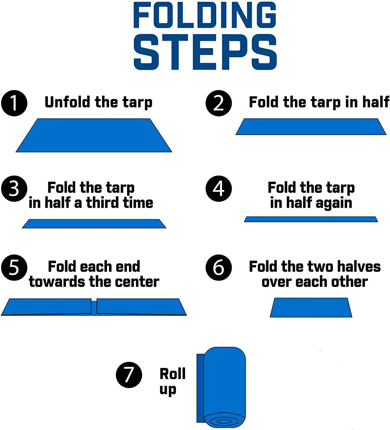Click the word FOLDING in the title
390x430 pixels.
pyautogui.click(x=205, y=15)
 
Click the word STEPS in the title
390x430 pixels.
pyautogui.click(x=205, y=52)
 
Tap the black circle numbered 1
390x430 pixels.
pyautogui.click(x=14, y=103)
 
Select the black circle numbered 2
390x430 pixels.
pyautogui.click(x=219, y=103)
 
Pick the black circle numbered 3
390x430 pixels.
pyautogui.click(x=14, y=189)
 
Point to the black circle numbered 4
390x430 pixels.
pyautogui.click(x=219, y=189)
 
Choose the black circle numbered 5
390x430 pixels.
pyautogui.click(x=14, y=267)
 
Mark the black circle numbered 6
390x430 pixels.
pyautogui.click(x=219, y=267)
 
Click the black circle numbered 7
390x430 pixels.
pyautogui.click(x=129, y=375)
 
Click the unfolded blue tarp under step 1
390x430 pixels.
pyautogui.click(x=94, y=135)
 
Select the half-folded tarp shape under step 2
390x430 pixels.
pyautogui.click(x=311, y=126)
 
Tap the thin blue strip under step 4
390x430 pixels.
pyautogui.click(x=311, y=219)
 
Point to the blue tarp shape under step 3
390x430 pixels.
pyautogui.click(x=94, y=224)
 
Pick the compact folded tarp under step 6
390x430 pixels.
pyautogui.click(x=311, y=307)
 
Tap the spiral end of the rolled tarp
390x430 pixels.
pyautogui.click(x=224, y=421)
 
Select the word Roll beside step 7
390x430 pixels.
pyautogui.click(x=172, y=374)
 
